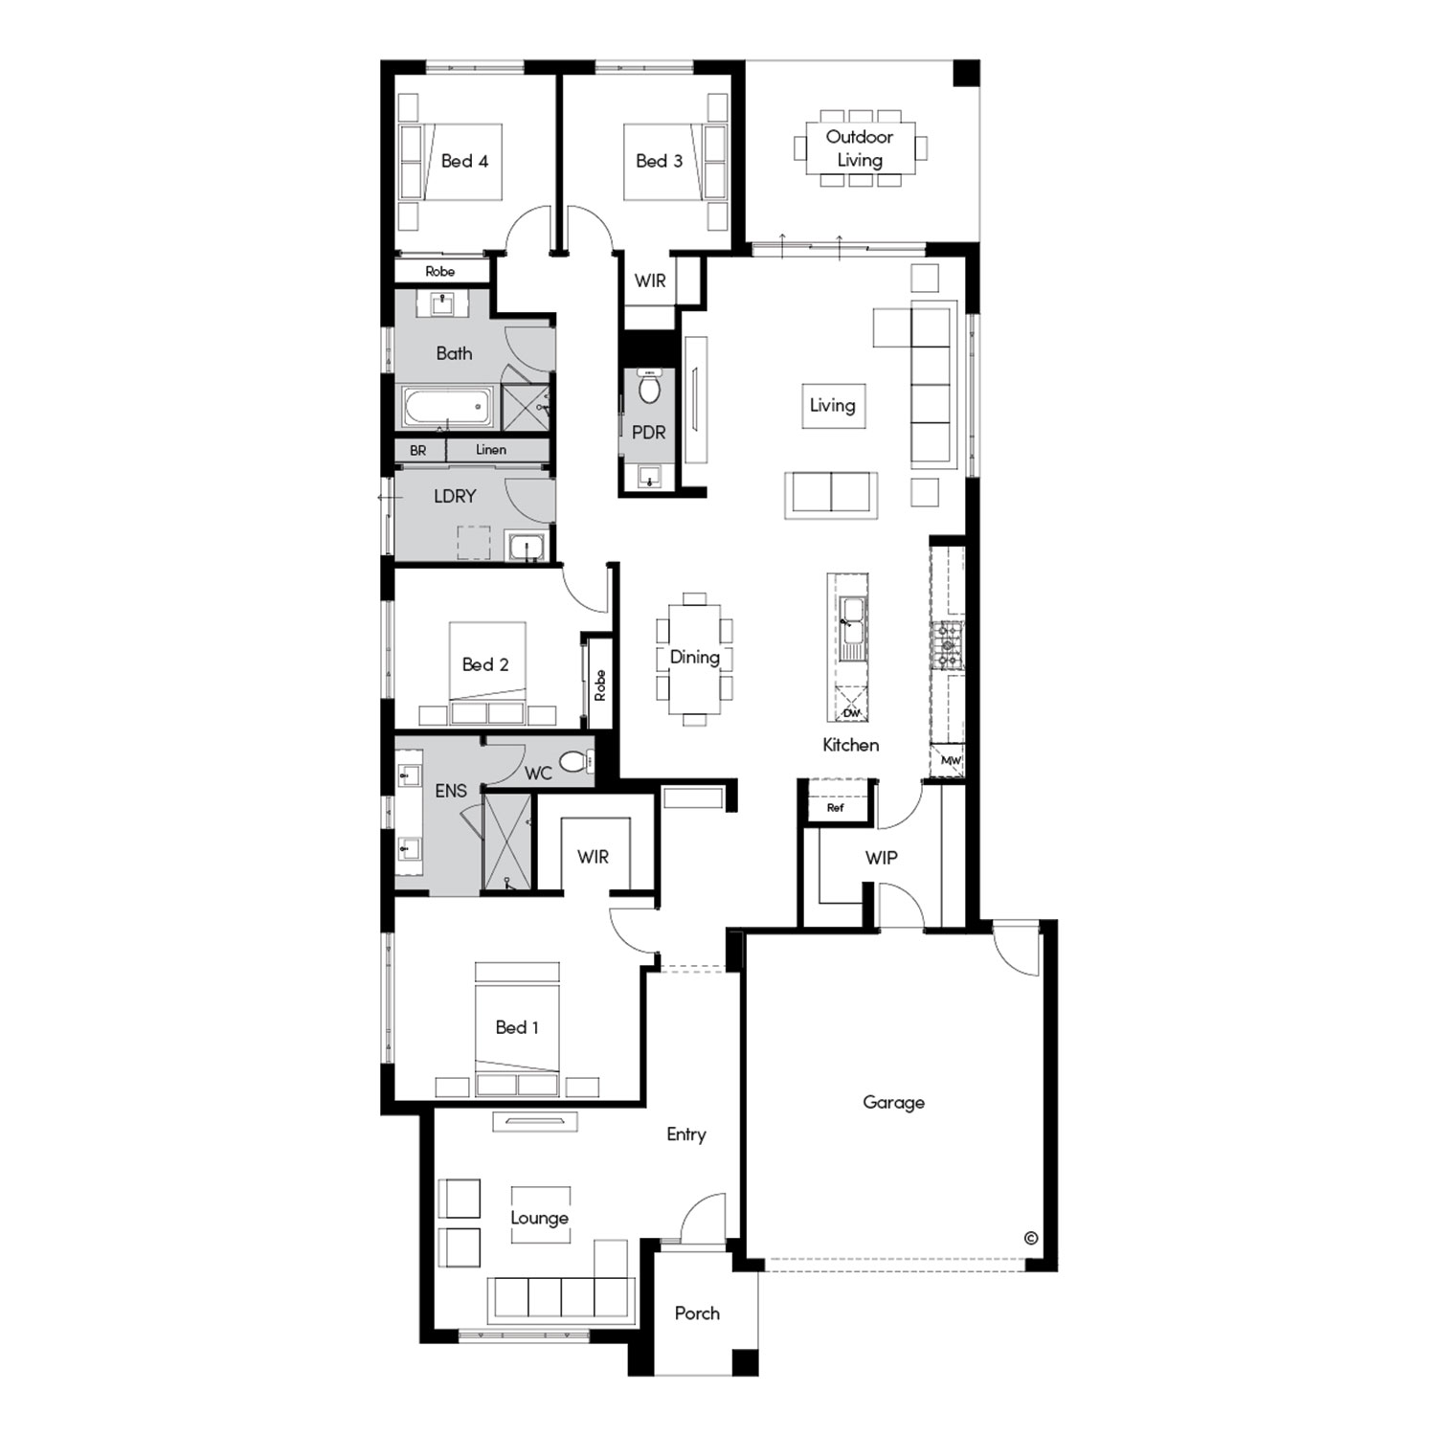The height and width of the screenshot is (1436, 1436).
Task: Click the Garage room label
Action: [x=893, y=1103]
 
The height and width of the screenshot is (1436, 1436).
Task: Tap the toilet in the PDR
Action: [x=650, y=387]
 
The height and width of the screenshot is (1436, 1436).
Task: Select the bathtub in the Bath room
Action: [x=448, y=407]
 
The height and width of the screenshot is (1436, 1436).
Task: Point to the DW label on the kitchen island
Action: [x=851, y=713]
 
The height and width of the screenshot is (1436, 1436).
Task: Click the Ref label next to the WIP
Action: [x=836, y=808]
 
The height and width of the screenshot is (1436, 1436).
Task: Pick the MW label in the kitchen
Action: [x=951, y=761]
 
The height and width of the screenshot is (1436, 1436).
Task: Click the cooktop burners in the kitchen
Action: [x=948, y=644]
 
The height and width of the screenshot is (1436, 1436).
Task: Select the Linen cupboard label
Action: [x=491, y=450]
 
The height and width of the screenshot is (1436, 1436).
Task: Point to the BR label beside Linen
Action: [x=418, y=451]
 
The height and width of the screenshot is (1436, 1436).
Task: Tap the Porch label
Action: [x=697, y=1313]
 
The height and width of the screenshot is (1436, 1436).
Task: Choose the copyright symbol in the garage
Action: [x=1030, y=1238]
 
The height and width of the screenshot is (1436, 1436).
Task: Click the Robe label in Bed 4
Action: [x=440, y=272]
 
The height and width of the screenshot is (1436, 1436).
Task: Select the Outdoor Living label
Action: [x=860, y=148]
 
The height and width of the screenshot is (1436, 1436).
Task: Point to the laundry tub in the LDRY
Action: [x=526, y=548]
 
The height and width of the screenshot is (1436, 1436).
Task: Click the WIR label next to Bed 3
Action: [x=650, y=281]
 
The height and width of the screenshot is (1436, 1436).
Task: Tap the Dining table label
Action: [x=695, y=658]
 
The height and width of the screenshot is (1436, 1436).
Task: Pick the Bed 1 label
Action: [x=517, y=1028]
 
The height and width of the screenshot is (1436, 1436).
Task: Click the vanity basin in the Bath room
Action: [x=442, y=303]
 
